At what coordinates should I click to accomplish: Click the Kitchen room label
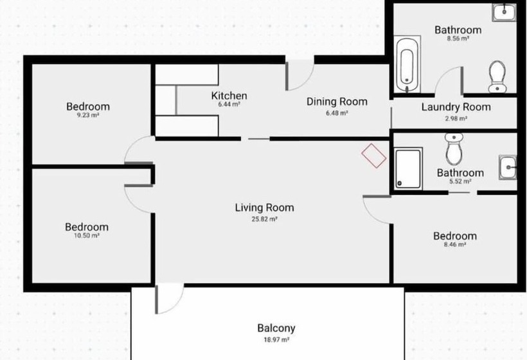point(229,96)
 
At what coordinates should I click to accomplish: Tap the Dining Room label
point(337,102)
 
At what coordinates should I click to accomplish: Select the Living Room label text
point(265,208)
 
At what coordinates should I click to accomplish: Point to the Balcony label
point(276,328)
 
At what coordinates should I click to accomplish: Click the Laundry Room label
point(456,107)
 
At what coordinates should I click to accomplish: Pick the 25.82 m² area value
point(265,219)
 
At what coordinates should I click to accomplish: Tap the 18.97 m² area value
point(276,340)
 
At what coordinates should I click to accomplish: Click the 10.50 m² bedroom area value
point(87,236)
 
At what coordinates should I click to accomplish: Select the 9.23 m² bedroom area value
point(88,115)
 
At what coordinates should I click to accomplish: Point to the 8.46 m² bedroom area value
point(455,245)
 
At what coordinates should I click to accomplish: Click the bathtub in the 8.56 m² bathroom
point(407,64)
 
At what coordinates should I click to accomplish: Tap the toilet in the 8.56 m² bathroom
point(497,76)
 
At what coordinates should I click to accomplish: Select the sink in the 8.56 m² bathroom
point(504,13)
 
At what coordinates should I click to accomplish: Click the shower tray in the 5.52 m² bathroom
point(408,168)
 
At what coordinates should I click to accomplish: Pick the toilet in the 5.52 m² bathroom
point(454,148)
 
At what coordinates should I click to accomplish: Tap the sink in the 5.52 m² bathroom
point(508,167)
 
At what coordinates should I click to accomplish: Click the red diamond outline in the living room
point(374,156)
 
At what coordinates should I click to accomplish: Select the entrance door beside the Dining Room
point(299,76)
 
